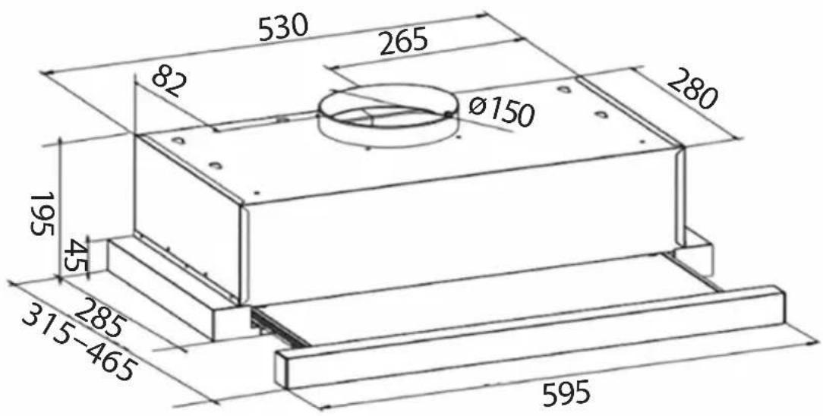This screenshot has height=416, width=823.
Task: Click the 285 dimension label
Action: tap(100, 317)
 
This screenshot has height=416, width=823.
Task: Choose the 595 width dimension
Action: tap(566, 392)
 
